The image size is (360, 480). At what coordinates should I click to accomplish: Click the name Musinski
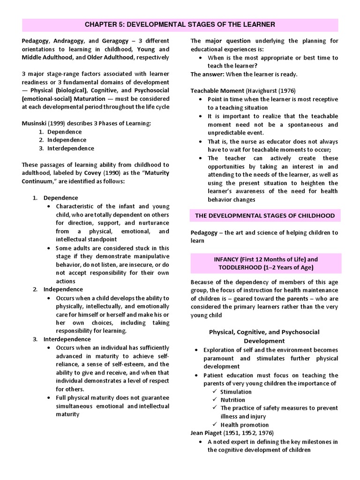click(x=34, y=123)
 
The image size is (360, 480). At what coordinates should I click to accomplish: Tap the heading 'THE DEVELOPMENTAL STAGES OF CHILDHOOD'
click(x=265, y=216)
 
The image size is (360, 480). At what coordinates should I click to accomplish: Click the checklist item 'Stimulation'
click(x=236, y=391)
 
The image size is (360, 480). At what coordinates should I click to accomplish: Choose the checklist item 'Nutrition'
click(x=232, y=400)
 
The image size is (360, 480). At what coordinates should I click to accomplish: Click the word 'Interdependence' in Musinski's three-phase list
click(x=71, y=148)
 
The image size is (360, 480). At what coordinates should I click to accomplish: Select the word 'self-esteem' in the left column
click(x=127, y=364)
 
